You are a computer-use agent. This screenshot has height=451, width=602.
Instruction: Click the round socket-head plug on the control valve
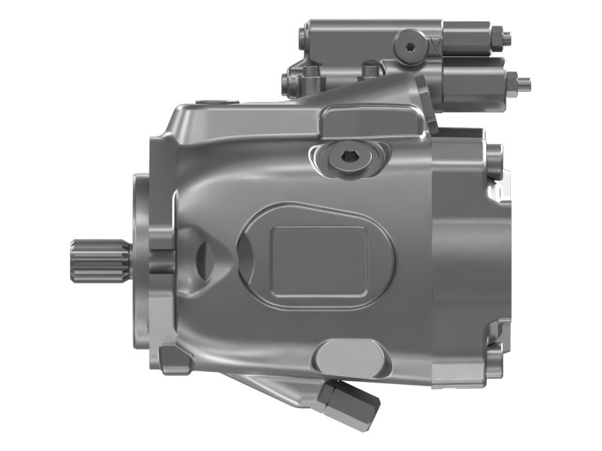409,47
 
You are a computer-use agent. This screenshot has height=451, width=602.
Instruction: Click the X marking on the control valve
432,46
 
